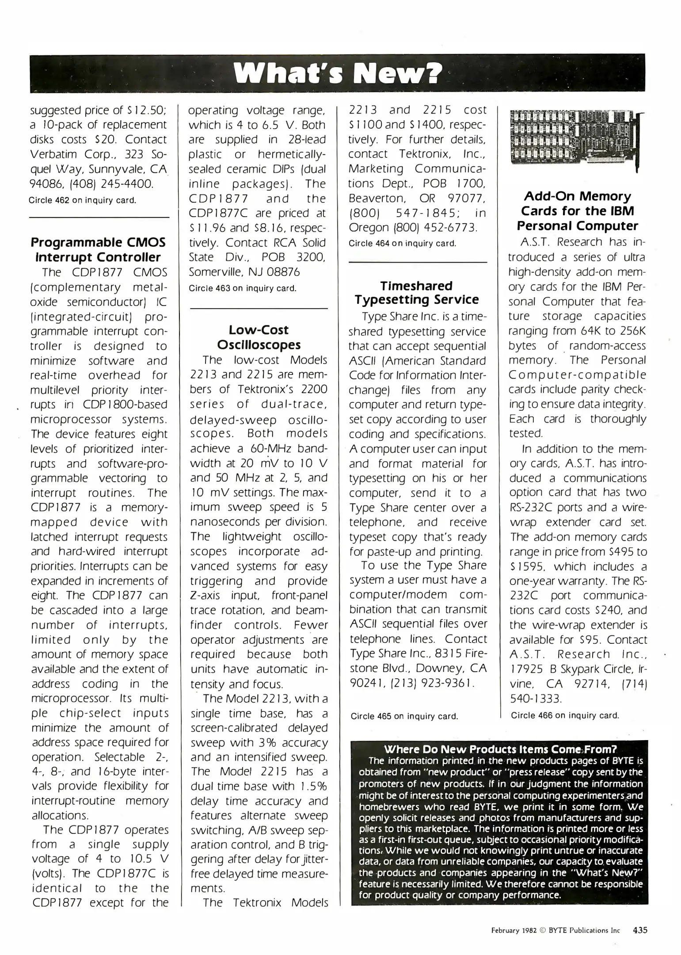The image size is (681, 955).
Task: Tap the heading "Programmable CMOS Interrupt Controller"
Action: [98, 250]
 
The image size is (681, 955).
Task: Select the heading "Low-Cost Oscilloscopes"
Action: [259, 337]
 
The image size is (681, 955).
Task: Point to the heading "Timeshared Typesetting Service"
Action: [416, 293]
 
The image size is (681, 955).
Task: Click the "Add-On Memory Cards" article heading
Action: [577, 211]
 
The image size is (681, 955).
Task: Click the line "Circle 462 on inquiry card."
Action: [82, 200]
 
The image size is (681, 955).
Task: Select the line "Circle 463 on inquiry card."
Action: [242, 288]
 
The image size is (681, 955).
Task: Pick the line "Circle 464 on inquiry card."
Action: [402, 243]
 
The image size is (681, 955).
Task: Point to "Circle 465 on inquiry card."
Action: [404, 716]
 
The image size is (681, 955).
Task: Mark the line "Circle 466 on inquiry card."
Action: [565, 715]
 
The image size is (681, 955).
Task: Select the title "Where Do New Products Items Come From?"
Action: [500, 749]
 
